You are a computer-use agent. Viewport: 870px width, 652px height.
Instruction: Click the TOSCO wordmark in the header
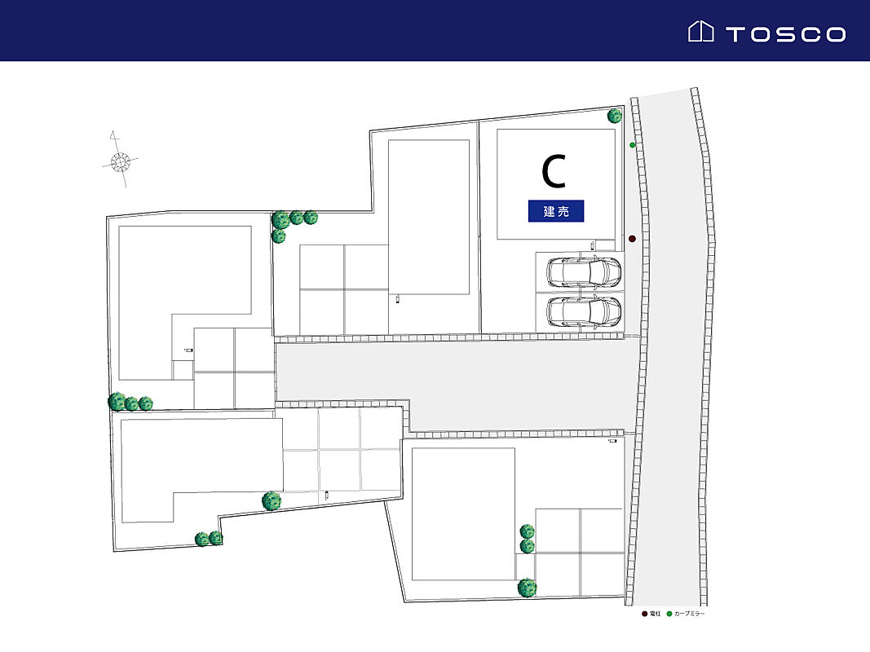tap(785, 33)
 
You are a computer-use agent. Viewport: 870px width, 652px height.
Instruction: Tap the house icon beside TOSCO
tap(700, 32)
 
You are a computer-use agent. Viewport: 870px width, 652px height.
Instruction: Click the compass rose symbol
tap(120, 161)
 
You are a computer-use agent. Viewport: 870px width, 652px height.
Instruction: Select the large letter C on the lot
tap(554, 171)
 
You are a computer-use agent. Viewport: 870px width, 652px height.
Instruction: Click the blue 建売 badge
tap(556, 212)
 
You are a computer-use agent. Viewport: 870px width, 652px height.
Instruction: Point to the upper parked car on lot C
tap(584, 272)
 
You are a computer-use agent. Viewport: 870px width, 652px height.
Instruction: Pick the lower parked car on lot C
tap(584, 311)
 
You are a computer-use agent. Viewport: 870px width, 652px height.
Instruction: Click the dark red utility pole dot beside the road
tap(632, 239)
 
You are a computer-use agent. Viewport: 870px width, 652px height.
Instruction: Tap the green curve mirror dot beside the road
tap(633, 145)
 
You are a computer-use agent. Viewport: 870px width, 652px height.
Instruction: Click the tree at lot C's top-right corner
tap(615, 116)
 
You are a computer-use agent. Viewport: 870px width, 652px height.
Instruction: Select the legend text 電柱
tap(656, 614)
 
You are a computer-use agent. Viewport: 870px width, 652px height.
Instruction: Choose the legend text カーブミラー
tap(690, 614)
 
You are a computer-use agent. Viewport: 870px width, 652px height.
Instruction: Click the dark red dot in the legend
tap(645, 614)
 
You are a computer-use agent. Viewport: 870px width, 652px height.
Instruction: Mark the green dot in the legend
tap(669, 614)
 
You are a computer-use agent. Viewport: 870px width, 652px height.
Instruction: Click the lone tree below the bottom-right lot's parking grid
tap(528, 587)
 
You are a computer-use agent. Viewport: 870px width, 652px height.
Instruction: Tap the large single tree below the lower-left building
tap(272, 500)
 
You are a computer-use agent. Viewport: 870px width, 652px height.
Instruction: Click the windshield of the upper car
tap(605, 272)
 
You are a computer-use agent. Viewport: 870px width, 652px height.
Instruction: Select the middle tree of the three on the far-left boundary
tap(131, 403)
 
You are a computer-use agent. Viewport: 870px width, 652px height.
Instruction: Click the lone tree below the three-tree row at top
tap(279, 236)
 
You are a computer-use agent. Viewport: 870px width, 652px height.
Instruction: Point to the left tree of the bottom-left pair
tap(201, 539)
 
